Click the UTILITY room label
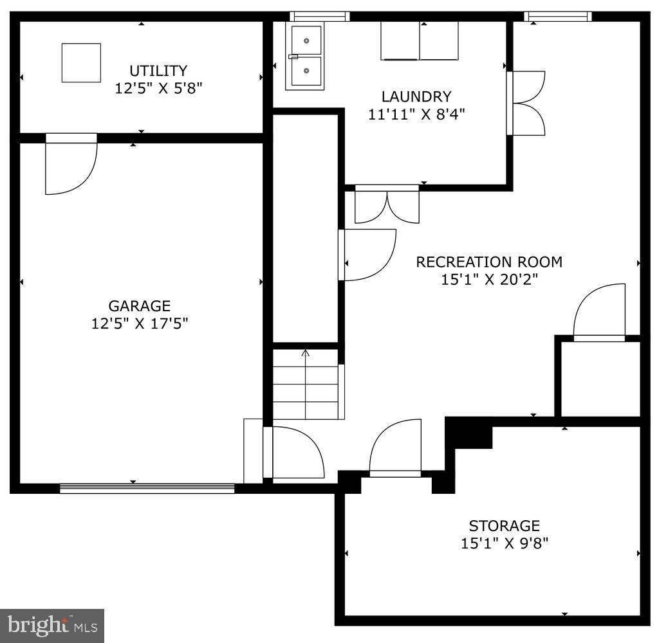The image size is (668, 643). (x=158, y=71)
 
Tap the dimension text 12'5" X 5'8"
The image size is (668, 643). (x=158, y=88)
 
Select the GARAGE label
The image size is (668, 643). (x=139, y=306)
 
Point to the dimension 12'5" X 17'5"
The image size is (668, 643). (x=139, y=323)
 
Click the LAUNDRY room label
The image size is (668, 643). (x=416, y=97)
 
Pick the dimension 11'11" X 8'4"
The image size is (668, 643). (x=416, y=114)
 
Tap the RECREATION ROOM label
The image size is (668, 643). (x=489, y=262)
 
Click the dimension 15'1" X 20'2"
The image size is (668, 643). (x=489, y=280)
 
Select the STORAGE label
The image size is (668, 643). (x=504, y=526)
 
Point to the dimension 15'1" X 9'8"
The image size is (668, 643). (x=504, y=543)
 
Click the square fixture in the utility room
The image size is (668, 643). (x=81, y=62)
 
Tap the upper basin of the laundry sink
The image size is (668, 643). (x=306, y=41)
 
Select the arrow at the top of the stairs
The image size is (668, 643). (x=306, y=352)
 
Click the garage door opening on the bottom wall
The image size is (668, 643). (x=147, y=489)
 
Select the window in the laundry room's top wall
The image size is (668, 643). (x=319, y=17)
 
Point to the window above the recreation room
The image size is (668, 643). (x=559, y=17)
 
